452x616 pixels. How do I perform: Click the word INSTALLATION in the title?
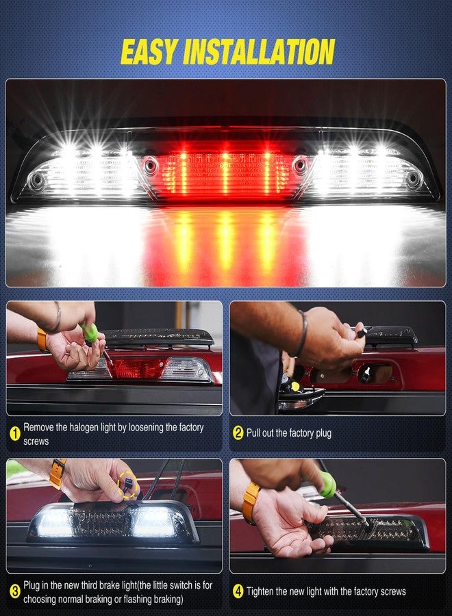point(264,52)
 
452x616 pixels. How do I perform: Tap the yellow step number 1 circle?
point(14,433)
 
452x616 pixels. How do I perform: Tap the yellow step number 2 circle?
point(238,433)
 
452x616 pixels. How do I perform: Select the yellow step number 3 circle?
point(14,591)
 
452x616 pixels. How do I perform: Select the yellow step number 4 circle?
point(238,591)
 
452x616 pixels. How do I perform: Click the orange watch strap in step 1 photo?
point(42,340)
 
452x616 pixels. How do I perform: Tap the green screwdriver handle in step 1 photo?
point(90,334)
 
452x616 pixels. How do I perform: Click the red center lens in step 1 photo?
point(136,368)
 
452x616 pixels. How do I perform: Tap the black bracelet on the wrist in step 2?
point(302,333)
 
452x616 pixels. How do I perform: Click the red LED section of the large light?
point(225,175)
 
